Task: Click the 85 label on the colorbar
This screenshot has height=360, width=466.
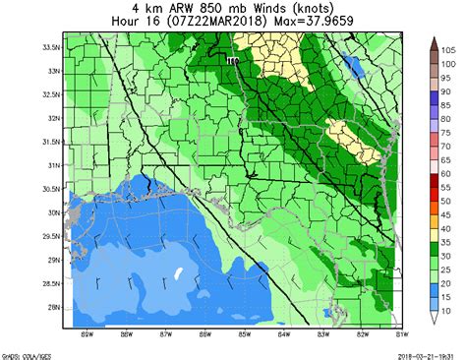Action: click(445, 103)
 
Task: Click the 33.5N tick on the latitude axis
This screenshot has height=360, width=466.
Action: click(53, 47)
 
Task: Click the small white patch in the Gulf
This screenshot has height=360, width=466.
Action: click(178, 273)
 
